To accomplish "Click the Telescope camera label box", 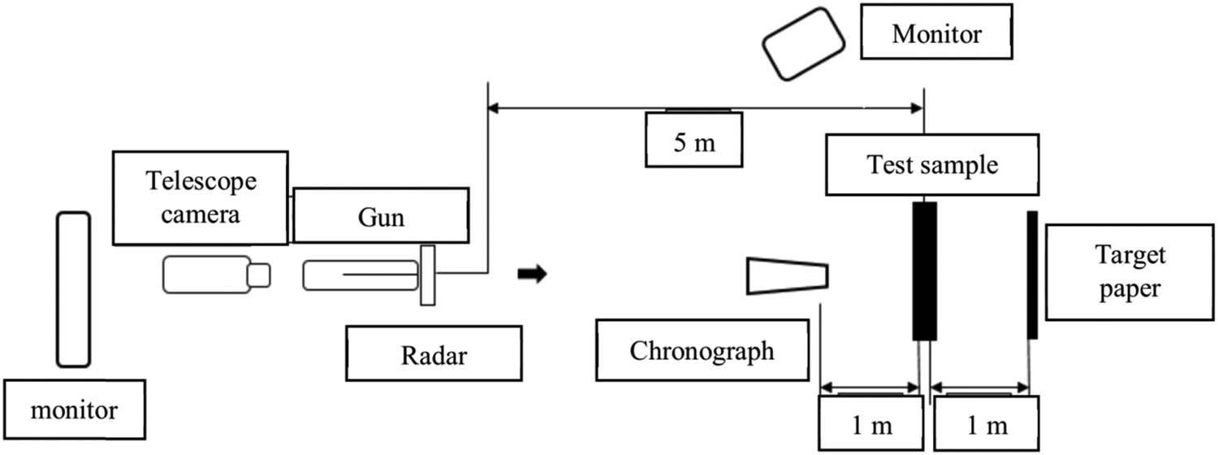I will coord(201,197).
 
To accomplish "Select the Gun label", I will coord(381,215).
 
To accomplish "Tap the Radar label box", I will coord(434,354).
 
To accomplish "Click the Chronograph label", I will coord(702,351).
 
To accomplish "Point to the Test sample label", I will coord(931,165).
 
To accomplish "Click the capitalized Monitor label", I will coord(935,35).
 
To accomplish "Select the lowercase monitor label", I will coord(74,410).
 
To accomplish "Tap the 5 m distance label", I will coord(693,140).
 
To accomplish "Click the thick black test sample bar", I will coord(925,271).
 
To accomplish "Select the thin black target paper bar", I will coord(1032,275).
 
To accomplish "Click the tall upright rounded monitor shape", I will coord(72,289).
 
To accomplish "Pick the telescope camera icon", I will coord(216,274).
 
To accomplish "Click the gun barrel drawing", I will coord(361,275).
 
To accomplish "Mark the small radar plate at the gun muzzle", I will coord(427,275).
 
